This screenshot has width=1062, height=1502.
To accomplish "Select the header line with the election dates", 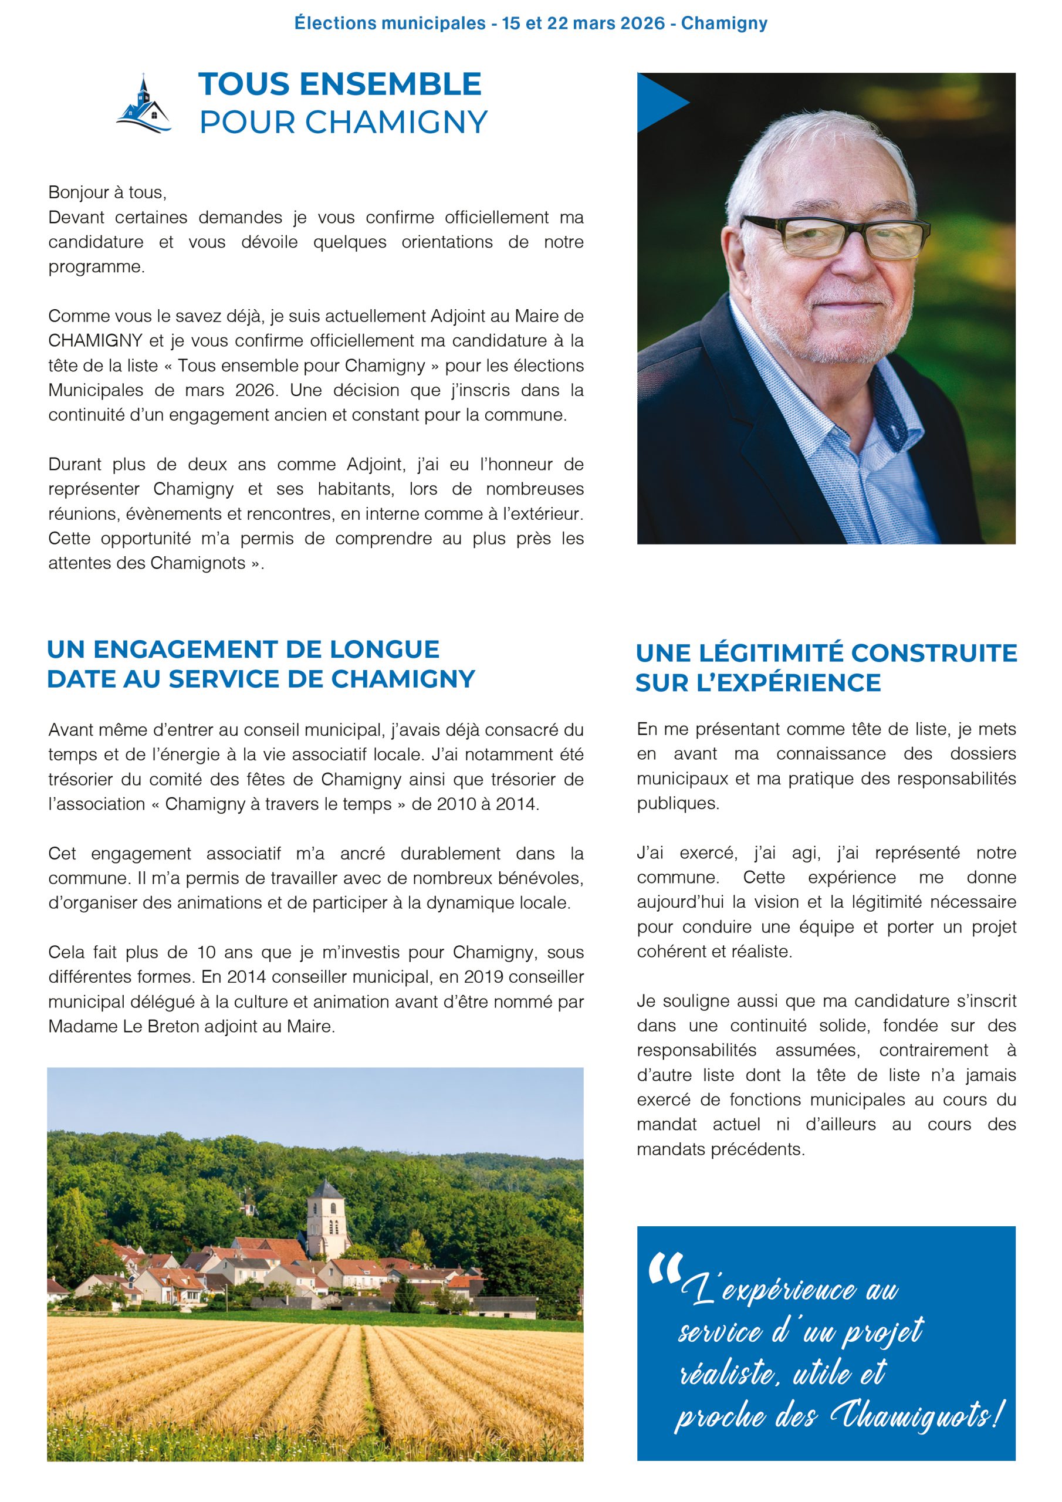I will click(530, 23).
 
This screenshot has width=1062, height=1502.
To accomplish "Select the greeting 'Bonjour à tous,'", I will click(107, 192).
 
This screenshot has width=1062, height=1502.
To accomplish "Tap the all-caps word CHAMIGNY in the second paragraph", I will click(96, 341).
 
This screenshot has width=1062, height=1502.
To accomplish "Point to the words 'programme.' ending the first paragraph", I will click(96, 267).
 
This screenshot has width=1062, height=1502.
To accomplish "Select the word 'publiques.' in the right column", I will click(678, 803).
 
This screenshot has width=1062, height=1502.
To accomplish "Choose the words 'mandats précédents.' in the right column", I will click(721, 1149).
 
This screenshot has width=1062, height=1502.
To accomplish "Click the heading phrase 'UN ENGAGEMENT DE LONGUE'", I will click(243, 649).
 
